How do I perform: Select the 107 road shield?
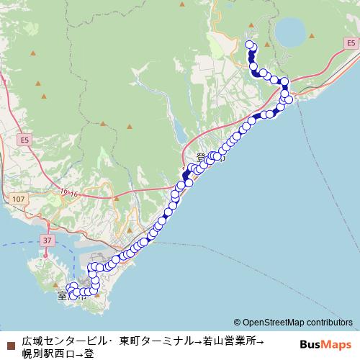19,197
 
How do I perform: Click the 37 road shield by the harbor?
48,239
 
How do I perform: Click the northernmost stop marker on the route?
250,45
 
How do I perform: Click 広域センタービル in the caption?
64,339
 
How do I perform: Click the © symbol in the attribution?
237,323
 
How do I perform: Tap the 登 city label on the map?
202,158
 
